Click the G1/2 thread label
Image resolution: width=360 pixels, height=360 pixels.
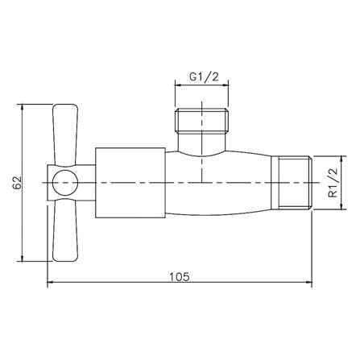point(204,77)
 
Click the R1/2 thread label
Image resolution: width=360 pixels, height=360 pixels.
point(333,183)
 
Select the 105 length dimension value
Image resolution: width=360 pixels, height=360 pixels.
point(180,277)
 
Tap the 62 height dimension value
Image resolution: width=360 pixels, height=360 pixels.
point(17,183)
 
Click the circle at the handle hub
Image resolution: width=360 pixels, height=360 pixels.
point(65,183)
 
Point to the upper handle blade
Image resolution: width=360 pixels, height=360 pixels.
point(65,135)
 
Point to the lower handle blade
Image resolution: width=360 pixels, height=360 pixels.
point(65,230)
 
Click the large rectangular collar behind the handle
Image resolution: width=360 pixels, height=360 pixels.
point(130,183)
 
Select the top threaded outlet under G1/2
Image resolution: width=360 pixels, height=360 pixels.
point(201,120)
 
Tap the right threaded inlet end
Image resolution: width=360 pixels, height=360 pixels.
point(295,183)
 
